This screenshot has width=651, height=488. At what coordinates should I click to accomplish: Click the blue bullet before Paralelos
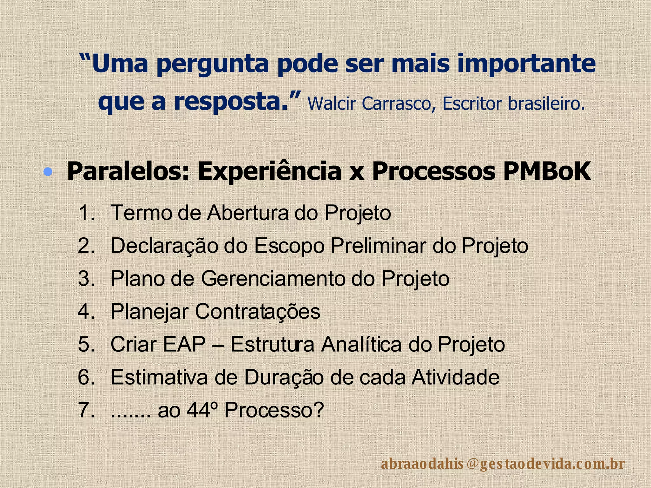(48, 172)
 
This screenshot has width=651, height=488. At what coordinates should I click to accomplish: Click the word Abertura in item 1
(248, 213)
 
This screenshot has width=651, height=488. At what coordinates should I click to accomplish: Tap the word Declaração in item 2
(163, 246)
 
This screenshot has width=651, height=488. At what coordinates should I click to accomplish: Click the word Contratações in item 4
(257, 312)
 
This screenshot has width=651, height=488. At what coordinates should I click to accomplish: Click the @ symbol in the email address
(473, 464)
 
